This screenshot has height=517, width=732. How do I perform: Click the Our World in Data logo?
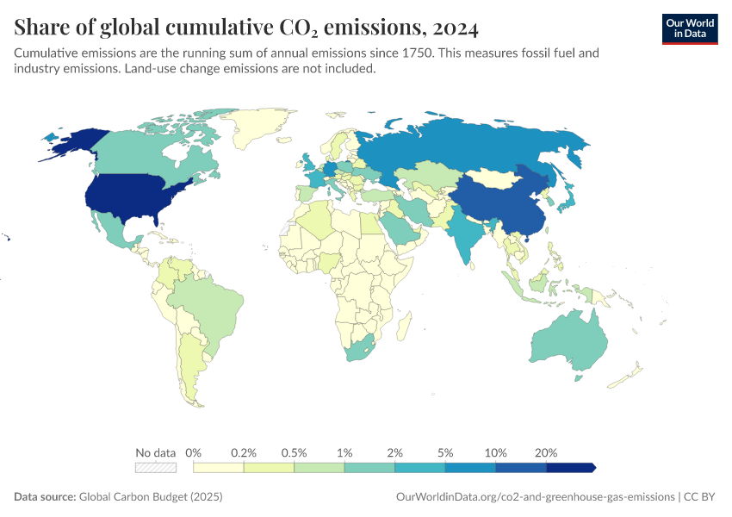coord(689,28)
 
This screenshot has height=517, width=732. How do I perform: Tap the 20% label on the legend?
coord(546,452)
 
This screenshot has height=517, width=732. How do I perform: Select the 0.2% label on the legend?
coord(244,452)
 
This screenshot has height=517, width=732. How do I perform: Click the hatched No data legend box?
coord(156,468)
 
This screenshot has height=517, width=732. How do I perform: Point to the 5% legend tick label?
coord(445,452)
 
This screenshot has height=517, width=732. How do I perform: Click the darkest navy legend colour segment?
coord(569,468)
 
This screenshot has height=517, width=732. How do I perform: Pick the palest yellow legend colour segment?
coord(219,468)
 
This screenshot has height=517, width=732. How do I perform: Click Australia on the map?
coord(569,345)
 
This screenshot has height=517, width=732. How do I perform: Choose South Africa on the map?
coord(363,351)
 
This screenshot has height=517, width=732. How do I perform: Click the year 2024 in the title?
coord(450,28)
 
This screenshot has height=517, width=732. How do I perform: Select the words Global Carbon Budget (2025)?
coord(150,496)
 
